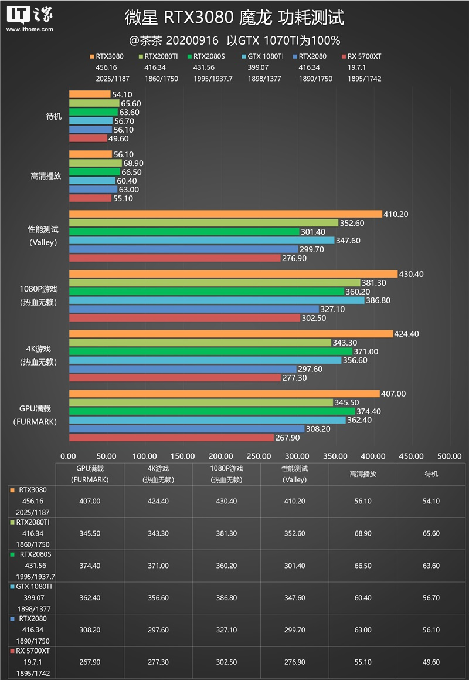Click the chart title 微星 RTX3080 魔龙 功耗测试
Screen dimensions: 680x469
pyautogui.click(x=235, y=18)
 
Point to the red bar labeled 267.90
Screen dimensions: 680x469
pyautogui.click(x=171, y=438)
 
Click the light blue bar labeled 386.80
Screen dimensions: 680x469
pyautogui.click(x=216, y=300)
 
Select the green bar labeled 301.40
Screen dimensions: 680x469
pyautogui.click(x=184, y=232)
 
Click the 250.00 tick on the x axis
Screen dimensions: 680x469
pyautogui.click(x=259, y=456)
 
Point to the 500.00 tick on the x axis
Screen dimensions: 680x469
pyautogui.click(x=450, y=456)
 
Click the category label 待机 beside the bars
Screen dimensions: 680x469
pyautogui.click(x=53, y=116)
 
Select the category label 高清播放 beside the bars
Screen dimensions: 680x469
pyautogui.click(x=46, y=176)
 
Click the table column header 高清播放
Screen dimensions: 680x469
pyautogui.click(x=363, y=473)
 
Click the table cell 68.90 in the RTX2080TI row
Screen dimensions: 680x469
pyautogui.click(x=363, y=533)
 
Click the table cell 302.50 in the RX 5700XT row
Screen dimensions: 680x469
pyautogui.click(x=226, y=662)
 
